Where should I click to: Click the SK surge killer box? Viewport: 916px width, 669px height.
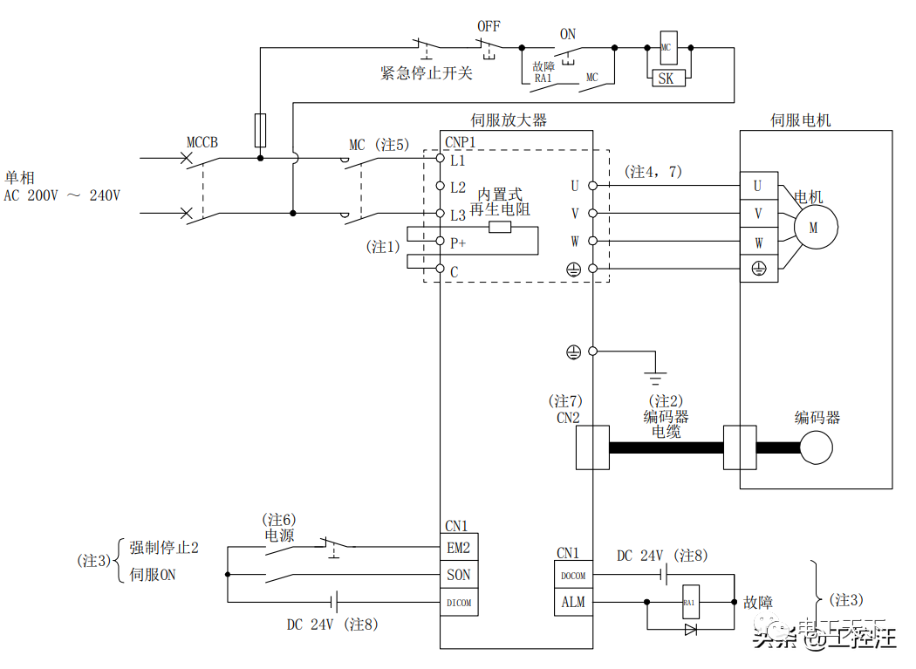click(666, 79)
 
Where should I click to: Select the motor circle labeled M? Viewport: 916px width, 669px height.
click(814, 227)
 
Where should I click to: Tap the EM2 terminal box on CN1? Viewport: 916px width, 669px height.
click(459, 548)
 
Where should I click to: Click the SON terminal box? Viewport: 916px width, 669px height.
click(459, 575)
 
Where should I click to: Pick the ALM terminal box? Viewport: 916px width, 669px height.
click(573, 602)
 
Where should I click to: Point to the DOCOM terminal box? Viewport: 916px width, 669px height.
click(573, 575)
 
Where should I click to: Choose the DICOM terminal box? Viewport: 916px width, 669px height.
click(459, 602)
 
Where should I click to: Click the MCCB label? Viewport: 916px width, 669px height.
click(202, 142)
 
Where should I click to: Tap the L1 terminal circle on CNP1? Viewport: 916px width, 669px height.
click(441, 160)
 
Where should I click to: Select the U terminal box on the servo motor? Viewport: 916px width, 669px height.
click(757, 186)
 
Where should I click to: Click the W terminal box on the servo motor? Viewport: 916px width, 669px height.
click(757, 242)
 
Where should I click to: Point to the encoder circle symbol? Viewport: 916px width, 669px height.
click(817, 447)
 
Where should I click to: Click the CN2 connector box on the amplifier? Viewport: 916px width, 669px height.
click(592, 447)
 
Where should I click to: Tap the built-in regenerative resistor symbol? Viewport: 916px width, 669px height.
click(499, 228)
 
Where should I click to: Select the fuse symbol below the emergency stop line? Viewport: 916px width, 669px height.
click(259, 129)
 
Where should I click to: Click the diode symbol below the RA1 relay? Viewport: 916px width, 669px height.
click(690, 628)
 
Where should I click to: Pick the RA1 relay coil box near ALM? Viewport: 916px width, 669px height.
click(689, 602)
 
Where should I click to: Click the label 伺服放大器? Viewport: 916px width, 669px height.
click(509, 120)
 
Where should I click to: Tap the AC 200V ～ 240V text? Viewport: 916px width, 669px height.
click(62, 195)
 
